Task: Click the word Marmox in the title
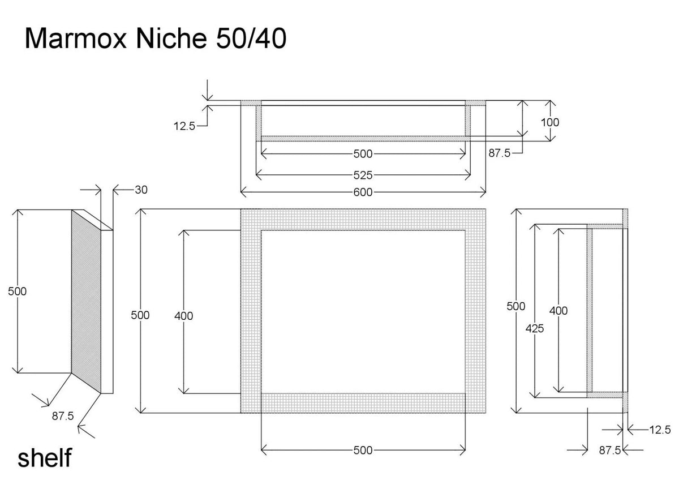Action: [x=75, y=38]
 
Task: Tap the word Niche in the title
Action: [x=171, y=38]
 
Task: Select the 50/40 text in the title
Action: [x=251, y=38]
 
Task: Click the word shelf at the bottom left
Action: [x=45, y=457]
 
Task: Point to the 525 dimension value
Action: [x=363, y=175]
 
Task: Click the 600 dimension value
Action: [x=363, y=192]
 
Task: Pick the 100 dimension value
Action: [x=550, y=122]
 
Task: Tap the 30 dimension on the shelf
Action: [x=141, y=190]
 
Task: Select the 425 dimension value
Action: [x=534, y=328]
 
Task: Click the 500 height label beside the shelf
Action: [x=18, y=292]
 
